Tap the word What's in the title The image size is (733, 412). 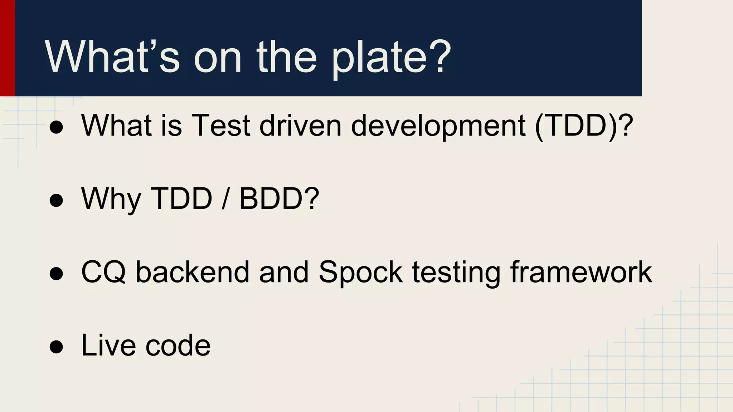pos(112,57)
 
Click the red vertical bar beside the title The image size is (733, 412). pos(7,48)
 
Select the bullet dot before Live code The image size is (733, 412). pos(56,346)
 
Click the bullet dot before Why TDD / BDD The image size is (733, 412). pos(56,200)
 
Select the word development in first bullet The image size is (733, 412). pos(438,126)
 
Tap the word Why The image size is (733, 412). pos(111,199)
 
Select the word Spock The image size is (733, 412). pos(360,273)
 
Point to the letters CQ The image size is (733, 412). pos(103,273)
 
